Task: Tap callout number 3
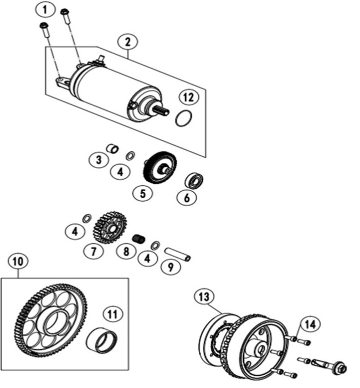tap(98, 160)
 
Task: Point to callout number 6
tap(186, 197)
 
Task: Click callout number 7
tap(94, 251)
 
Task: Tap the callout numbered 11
tap(112, 314)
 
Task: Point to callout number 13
tap(204, 298)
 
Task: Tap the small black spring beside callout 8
tap(140, 239)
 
